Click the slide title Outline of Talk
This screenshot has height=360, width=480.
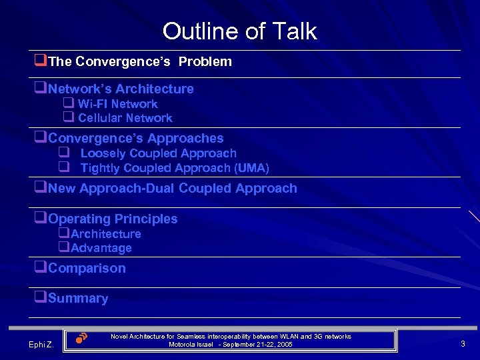239,31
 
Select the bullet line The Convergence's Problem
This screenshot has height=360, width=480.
139,62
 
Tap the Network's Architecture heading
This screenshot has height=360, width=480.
120,89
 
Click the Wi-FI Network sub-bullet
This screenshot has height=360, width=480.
117,104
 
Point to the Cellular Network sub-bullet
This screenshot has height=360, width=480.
125,118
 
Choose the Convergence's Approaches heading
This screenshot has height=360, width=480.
135,139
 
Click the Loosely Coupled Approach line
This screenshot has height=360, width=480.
158,153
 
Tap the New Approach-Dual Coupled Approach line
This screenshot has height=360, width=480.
172,189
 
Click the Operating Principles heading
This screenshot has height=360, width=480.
113,219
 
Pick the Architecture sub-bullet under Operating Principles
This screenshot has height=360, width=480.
105,234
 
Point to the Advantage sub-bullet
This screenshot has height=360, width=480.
101,248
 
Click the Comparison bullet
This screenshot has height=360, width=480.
87,269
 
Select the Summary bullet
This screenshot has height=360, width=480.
77,299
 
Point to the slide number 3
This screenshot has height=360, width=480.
463,344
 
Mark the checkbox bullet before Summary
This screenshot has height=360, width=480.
41,298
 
